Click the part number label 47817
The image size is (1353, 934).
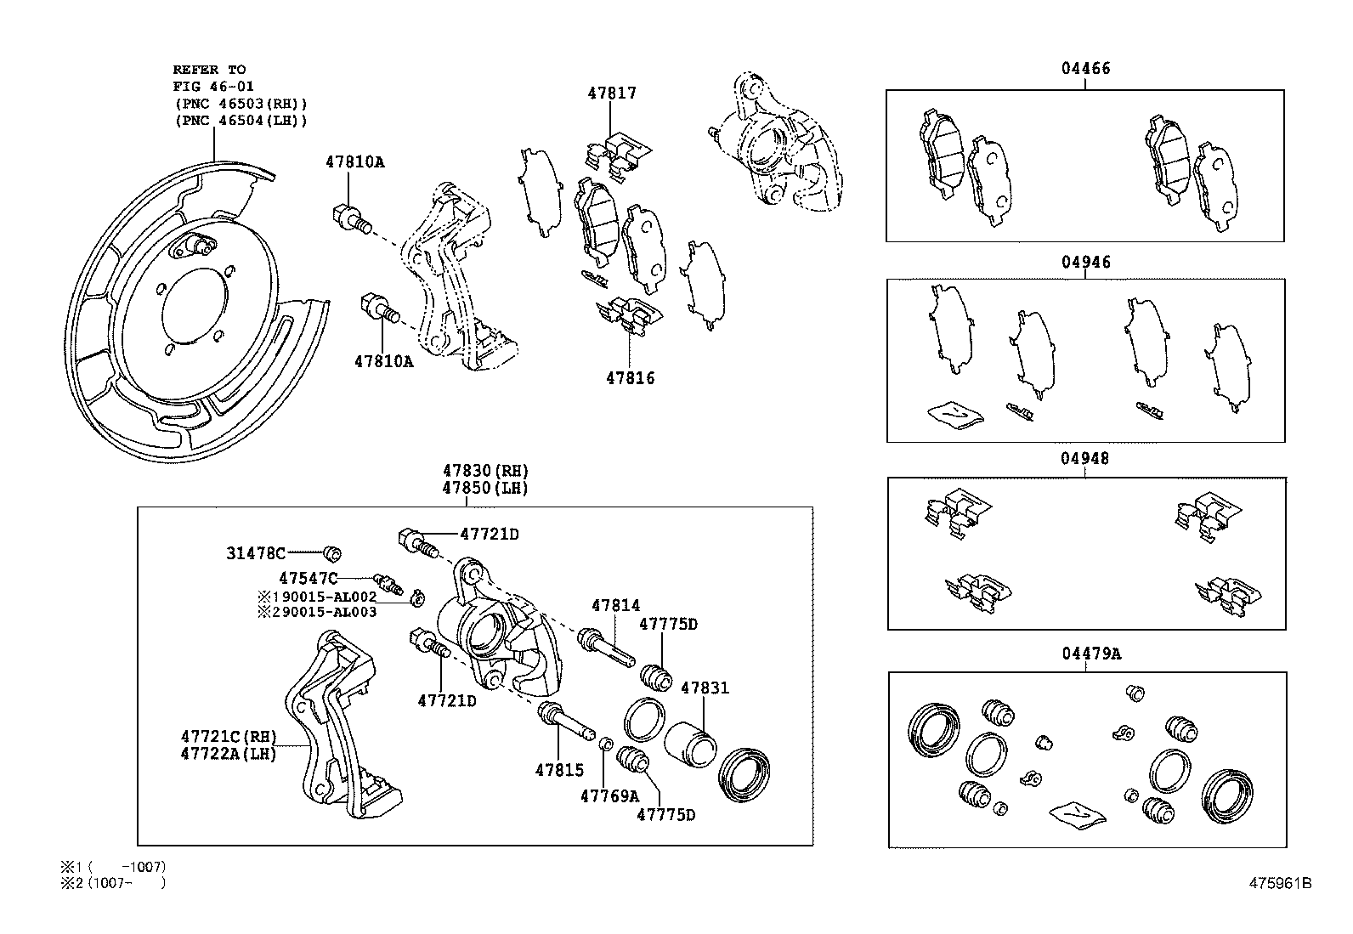611,93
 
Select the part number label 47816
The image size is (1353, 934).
630,378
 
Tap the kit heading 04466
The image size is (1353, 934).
1084,69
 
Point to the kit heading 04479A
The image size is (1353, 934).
1090,654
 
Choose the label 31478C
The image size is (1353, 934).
256,554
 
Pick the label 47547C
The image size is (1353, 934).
308,579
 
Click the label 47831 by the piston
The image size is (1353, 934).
705,688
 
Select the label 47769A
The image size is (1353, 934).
609,796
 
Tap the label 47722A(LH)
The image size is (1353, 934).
229,753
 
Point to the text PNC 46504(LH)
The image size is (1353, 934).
241,121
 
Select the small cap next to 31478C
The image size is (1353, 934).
333,555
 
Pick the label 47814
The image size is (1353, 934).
615,606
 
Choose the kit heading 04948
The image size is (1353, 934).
1084,459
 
